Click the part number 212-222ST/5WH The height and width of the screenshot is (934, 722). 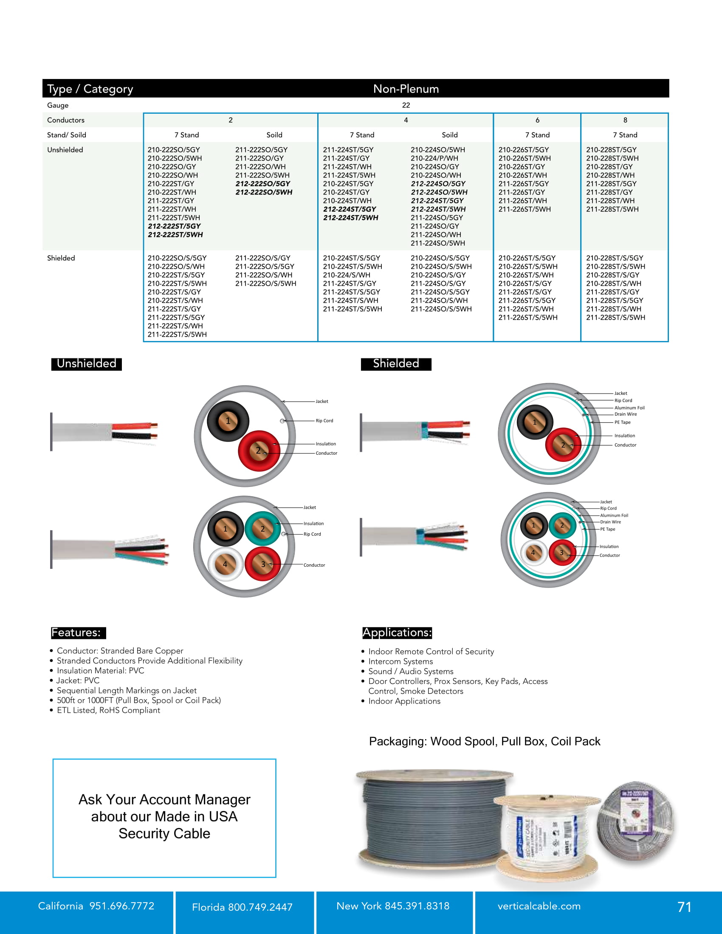coord(175,235)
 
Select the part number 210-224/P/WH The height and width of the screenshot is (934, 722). coord(434,158)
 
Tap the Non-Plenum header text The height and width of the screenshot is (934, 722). coord(406,89)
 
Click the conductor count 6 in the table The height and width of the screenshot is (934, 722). coord(537,120)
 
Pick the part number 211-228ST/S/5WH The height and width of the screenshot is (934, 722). coord(615,317)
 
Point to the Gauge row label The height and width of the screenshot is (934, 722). coord(58,105)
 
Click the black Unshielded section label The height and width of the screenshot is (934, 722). coord(86,363)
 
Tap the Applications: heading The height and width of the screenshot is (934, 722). coord(397,633)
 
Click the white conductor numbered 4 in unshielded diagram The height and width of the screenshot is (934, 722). coord(226,565)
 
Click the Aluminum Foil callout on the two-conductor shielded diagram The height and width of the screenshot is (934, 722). coord(629,408)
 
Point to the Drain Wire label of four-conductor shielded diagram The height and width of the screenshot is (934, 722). coord(610,522)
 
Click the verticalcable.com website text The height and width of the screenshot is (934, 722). coord(539,906)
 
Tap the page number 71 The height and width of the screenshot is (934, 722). coord(684,907)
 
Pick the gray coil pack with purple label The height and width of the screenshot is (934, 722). coord(635,821)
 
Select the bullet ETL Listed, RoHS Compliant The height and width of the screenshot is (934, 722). coord(108,710)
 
